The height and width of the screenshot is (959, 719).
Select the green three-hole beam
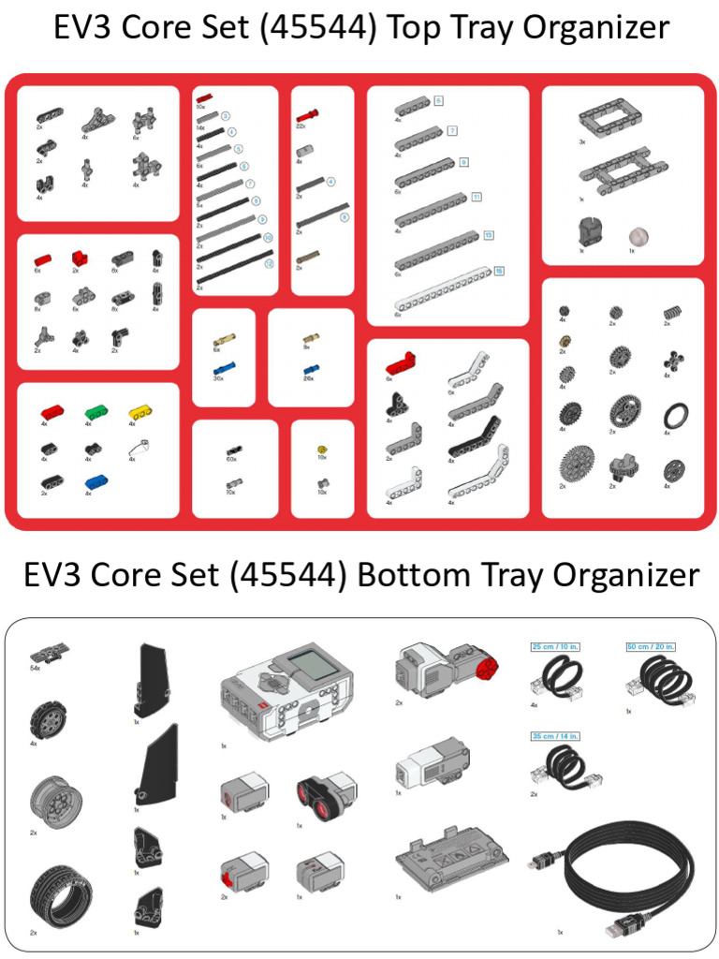(95, 410)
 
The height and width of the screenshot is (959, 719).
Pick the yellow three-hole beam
(139, 410)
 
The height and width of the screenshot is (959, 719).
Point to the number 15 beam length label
(499, 272)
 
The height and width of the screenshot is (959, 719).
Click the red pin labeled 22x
(308, 115)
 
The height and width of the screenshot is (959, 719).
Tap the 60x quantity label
(230, 459)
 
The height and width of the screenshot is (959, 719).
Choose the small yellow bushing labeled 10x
(322, 450)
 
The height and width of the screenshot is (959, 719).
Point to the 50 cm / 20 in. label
(651, 646)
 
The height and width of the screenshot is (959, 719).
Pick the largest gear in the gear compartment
(577, 464)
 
